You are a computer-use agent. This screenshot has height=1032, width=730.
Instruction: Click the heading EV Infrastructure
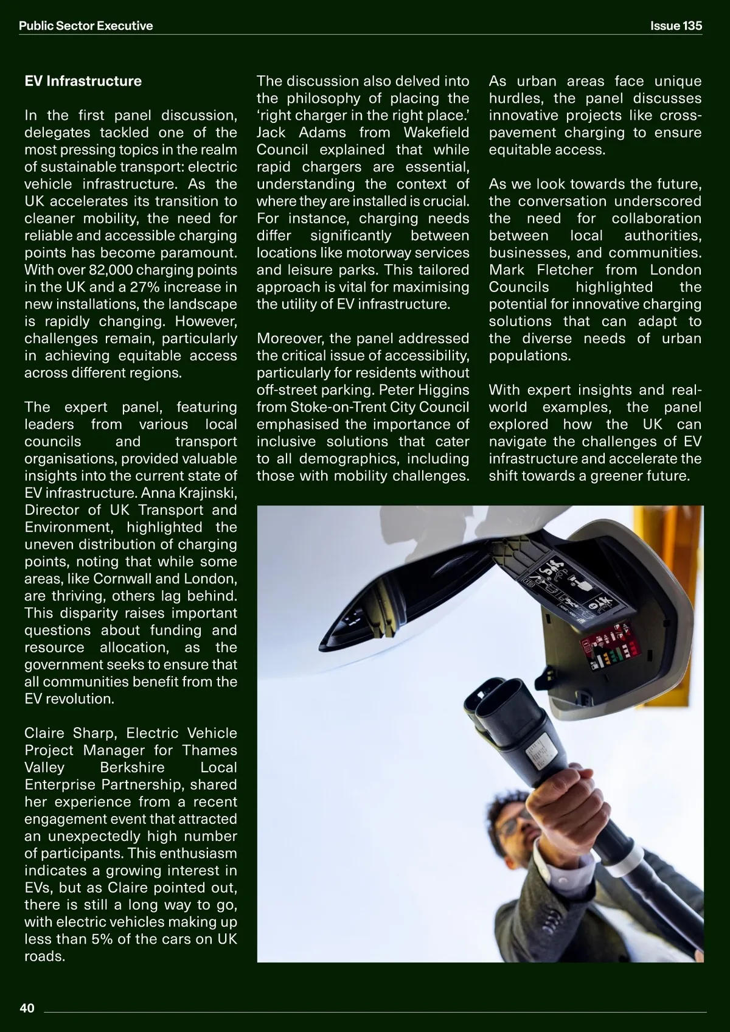click(83, 82)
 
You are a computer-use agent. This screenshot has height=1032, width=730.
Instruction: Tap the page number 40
click(27, 1008)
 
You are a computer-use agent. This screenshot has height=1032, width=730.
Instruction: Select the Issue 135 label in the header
click(675, 26)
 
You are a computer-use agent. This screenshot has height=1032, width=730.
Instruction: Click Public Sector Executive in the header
click(86, 26)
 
